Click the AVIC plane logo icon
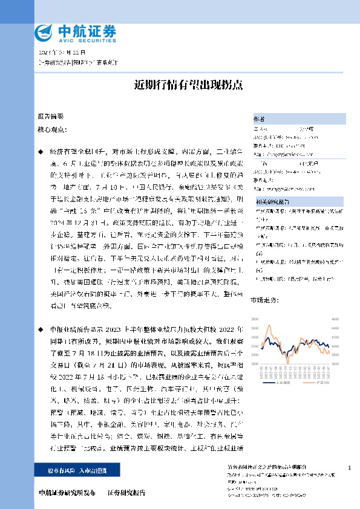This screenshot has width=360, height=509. tap(44, 31)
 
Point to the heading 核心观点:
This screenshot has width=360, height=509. tap(53, 129)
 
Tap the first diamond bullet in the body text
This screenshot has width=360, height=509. tap(40, 148)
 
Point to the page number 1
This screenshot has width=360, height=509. tap(350, 468)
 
